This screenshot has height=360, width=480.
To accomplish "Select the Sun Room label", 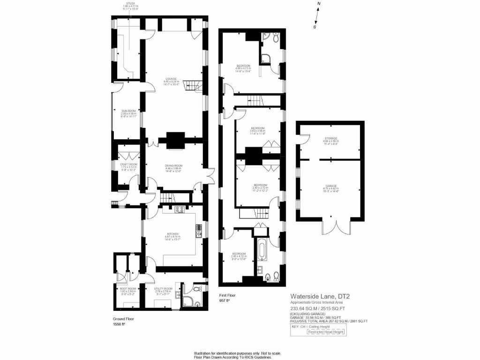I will pyautogui.click(x=126, y=113).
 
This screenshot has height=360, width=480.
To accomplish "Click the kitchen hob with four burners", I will pyautogui.click(x=180, y=210).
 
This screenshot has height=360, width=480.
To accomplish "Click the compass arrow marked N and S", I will pyautogui.click(x=317, y=15).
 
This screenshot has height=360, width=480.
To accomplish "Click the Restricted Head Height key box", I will pyautogui.click(x=326, y=332).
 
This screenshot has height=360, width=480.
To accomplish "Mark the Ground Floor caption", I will pyautogui.click(x=123, y=319).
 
